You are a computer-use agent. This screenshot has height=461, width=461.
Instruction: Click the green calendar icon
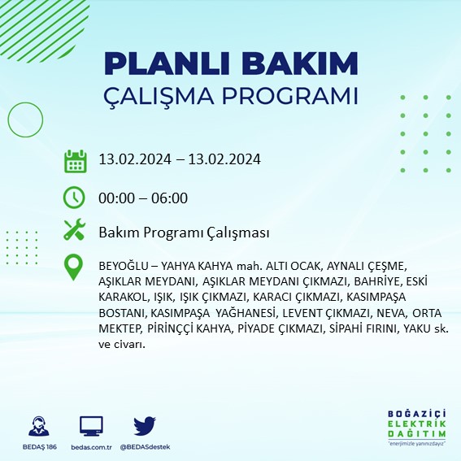coord(75,160)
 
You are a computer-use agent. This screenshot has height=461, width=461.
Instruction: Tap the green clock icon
coord(75,197)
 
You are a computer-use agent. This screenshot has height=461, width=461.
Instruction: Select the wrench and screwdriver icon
coord(75,231)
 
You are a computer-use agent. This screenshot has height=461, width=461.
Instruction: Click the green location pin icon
coord(75,267)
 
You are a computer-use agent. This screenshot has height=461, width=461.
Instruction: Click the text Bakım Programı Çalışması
coord(184,233)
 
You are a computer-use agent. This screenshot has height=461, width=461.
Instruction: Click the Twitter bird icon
coord(144,426)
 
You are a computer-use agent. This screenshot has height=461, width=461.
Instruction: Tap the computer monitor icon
coord(91,426)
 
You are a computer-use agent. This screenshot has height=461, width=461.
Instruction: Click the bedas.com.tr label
coord(92,447)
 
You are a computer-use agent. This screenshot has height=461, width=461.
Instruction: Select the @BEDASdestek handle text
coord(145,447)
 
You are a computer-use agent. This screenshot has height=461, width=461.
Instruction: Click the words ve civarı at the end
coord(121,344)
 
